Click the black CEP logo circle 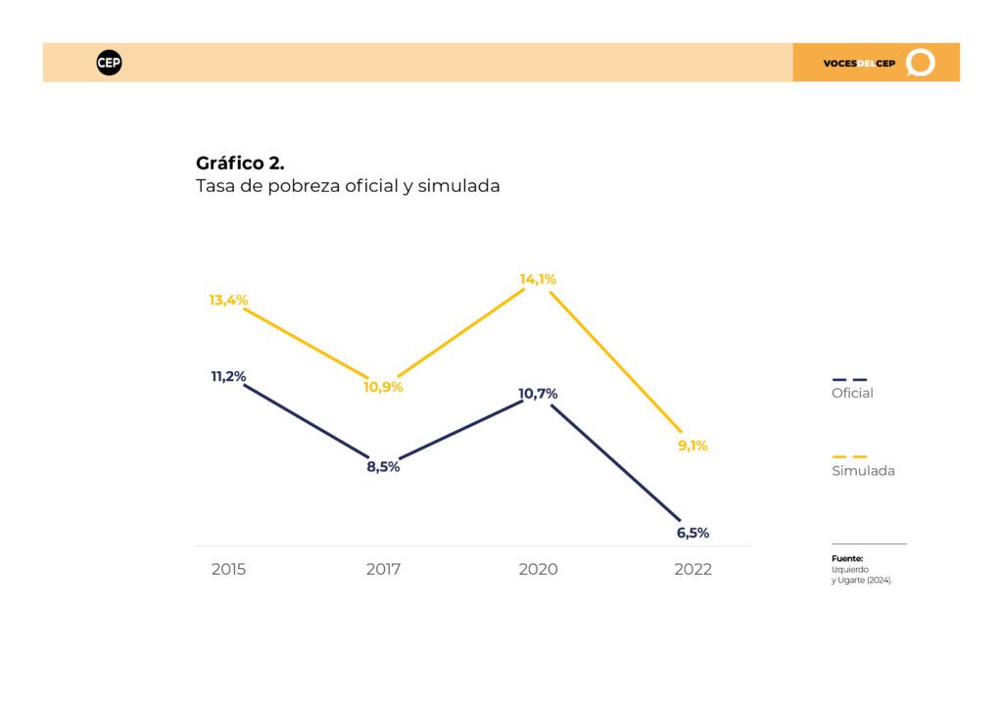(x=109, y=63)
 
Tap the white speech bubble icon (x=921, y=63)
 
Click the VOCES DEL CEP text (x=859, y=64)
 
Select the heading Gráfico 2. (x=240, y=163)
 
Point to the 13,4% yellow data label (x=228, y=300)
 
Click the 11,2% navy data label (x=228, y=377)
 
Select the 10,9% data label (x=383, y=387)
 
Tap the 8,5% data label (x=383, y=467)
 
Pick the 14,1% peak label (x=538, y=279)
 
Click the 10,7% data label (x=538, y=394)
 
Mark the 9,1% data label (x=693, y=446)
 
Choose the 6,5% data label (x=693, y=533)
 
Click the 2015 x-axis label (x=228, y=569)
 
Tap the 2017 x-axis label (x=383, y=569)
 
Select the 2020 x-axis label (x=538, y=569)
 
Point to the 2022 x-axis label (x=693, y=569)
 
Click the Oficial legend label (x=852, y=393)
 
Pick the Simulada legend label (x=863, y=470)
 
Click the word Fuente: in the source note (x=847, y=559)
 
